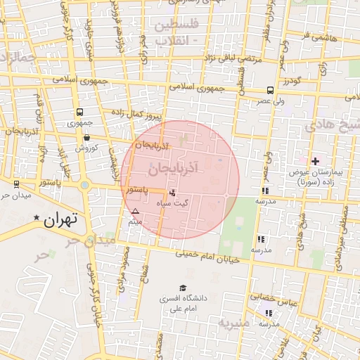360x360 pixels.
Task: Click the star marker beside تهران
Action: tap(37, 219)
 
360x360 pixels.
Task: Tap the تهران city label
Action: tap(59, 220)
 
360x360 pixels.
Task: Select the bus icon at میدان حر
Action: tap(16, 184)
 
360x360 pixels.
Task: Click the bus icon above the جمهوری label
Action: tap(79, 112)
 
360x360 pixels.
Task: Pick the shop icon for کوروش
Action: tap(86, 138)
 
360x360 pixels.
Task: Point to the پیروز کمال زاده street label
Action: tap(137, 113)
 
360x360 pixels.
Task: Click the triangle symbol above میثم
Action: tap(136, 211)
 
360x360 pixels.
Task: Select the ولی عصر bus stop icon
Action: tap(270, 91)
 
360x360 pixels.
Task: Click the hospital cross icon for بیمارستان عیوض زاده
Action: tap(315, 162)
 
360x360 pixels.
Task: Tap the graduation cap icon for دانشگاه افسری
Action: tap(183, 288)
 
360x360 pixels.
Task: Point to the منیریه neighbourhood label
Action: tap(234, 324)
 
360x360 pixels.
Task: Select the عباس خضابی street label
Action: tap(275, 300)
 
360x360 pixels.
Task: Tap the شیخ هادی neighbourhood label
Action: tap(330, 125)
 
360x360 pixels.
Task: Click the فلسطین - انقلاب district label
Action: tap(175, 32)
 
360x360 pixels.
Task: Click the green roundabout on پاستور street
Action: tap(85, 186)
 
